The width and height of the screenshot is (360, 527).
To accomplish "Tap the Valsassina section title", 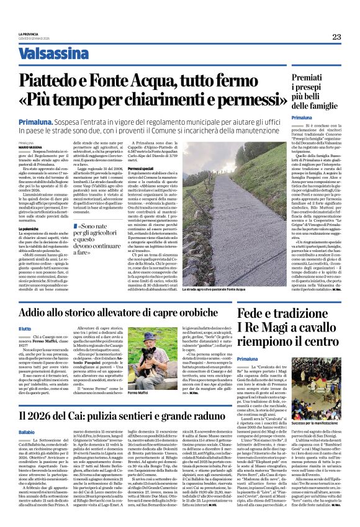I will (x=51, y=54).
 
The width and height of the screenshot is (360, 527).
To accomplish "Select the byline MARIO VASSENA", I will (x=29, y=146).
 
